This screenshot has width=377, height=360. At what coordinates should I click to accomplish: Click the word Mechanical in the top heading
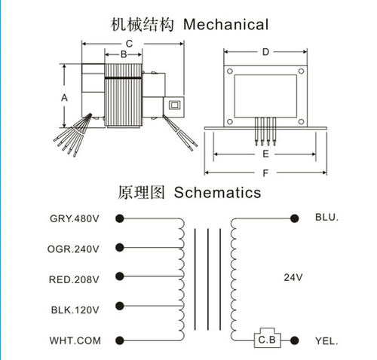tap(225, 25)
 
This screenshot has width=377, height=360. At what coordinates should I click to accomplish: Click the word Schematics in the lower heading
tap(217, 193)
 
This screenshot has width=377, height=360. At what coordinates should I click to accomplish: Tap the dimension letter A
tap(64, 97)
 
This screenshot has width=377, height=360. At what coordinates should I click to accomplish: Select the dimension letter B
tap(124, 54)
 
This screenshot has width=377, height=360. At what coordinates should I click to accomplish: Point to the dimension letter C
tap(129, 44)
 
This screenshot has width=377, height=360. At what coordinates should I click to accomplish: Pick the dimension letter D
tap(265, 52)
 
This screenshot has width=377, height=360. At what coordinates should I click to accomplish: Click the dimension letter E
tap(265, 154)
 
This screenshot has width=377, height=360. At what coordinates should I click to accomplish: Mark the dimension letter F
tap(265, 173)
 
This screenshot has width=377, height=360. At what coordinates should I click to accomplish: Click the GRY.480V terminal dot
tap(120, 218)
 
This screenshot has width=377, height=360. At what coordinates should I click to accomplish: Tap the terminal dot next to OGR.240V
tap(120, 248)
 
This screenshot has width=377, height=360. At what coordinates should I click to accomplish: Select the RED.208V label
tap(74, 279)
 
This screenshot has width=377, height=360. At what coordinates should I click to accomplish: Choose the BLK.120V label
tap(75, 310)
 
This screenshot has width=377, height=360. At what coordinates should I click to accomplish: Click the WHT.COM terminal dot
tap(120, 340)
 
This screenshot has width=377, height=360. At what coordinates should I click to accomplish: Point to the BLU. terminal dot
tap(294, 218)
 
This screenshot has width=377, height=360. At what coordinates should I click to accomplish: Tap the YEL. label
tap(326, 341)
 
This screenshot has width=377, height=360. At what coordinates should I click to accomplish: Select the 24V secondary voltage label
tap(293, 277)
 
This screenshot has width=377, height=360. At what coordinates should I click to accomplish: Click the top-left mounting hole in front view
tap(230, 72)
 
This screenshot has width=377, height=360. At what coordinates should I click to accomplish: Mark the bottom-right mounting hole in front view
tap(301, 122)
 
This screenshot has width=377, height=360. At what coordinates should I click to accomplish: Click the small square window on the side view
tap(174, 105)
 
